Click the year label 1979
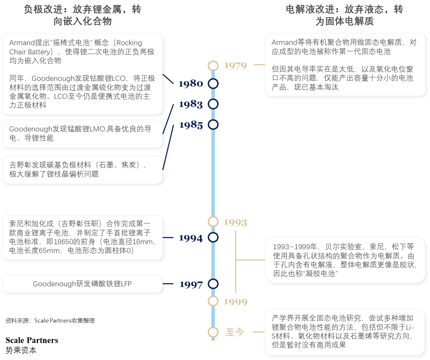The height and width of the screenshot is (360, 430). pos(235,66)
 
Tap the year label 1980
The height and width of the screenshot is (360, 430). pos(190,84)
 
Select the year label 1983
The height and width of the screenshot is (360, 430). pos(190,104)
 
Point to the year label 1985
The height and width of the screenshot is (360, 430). pos(190,125)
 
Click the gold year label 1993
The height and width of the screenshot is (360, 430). pos(235,222)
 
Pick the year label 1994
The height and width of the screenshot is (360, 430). pos(190,238)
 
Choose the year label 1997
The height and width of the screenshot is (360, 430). pos(190,284)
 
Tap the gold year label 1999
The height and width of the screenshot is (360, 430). pos(235,302)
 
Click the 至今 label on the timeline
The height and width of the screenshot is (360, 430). pos(235,332)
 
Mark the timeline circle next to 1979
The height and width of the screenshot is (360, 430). pos(213,65)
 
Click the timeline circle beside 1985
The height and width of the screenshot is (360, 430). pos(213,125)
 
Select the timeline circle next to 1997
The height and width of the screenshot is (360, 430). pos(213,284)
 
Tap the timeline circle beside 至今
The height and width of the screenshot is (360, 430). pos(213,332)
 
